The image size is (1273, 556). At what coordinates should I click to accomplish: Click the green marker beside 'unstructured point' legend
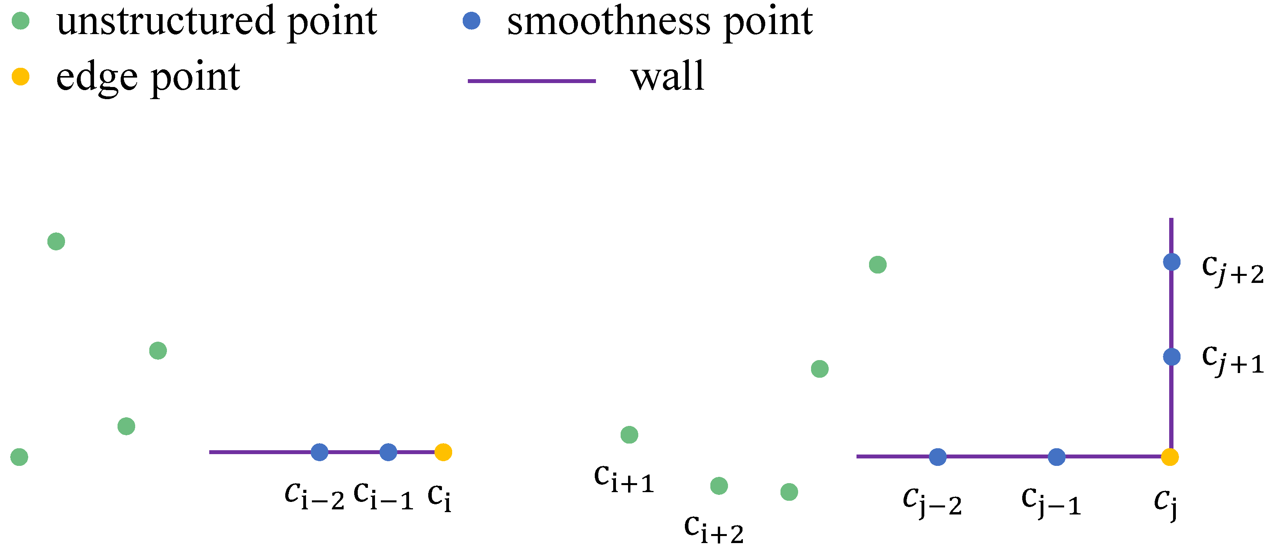click(x=20, y=21)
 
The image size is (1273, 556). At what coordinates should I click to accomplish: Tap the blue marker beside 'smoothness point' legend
click(x=471, y=21)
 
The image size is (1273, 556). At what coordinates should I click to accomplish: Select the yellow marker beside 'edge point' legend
click(x=20, y=77)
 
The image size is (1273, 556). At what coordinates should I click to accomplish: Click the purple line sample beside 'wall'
click(x=531, y=81)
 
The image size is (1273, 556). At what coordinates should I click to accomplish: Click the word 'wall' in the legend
click(x=667, y=77)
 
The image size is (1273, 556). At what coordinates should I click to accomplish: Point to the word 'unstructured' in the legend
click(x=166, y=22)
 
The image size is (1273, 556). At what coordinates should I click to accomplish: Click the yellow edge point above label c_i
click(x=443, y=452)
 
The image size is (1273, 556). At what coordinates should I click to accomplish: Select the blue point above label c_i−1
click(x=388, y=452)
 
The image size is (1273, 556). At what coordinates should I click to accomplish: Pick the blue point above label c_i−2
click(x=319, y=452)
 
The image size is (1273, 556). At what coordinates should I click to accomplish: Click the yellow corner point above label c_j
click(x=1170, y=456)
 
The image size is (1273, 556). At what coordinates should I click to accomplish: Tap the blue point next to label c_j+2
click(x=1172, y=262)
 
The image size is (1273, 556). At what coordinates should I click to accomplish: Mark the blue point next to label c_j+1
click(x=1172, y=357)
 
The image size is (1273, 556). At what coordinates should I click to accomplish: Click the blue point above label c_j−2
click(x=938, y=456)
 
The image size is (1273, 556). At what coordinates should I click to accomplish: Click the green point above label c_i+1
click(x=629, y=435)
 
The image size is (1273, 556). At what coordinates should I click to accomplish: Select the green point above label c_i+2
click(x=719, y=486)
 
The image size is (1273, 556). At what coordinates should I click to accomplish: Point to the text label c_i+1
click(x=624, y=479)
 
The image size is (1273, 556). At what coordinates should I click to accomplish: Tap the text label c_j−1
click(x=1050, y=502)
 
